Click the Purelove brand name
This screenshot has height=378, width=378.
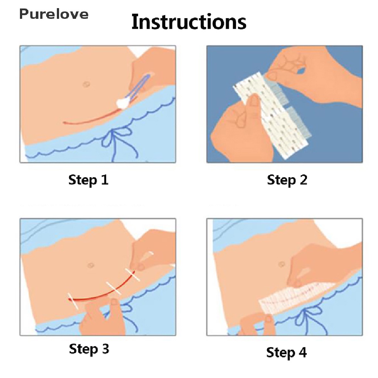click(x=54, y=14)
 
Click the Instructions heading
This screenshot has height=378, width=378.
click(x=189, y=22)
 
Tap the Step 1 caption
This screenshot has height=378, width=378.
click(x=89, y=180)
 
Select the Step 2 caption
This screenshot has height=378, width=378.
click(x=287, y=180)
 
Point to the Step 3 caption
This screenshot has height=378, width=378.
click(x=89, y=349)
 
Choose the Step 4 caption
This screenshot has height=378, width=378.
click(x=286, y=353)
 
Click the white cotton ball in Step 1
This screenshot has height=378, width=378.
click(x=123, y=103)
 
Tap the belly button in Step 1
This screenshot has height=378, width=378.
click(x=86, y=85)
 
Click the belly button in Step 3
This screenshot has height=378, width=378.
click(x=91, y=265)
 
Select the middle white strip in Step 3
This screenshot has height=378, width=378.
click(x=114, y=288)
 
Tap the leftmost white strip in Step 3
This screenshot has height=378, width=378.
click(x=73, y=301)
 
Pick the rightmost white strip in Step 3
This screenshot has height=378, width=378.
click(x=133, y=275)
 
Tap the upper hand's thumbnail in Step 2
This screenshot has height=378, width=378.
click(x=272, y=76)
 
